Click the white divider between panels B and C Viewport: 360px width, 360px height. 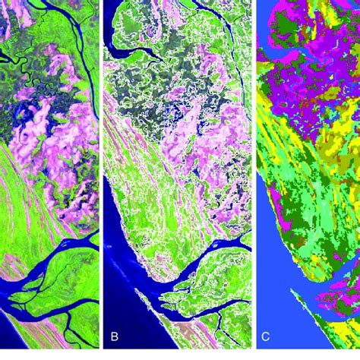point(254,180)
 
